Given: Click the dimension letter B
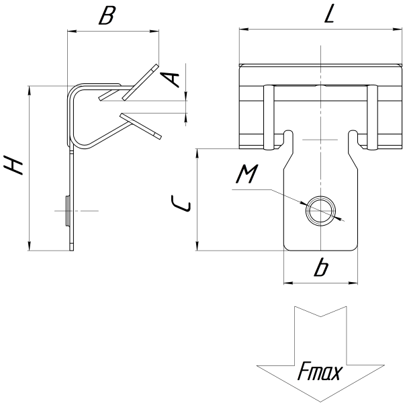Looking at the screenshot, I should click(107, 15).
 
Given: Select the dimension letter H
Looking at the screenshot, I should click(13, 165).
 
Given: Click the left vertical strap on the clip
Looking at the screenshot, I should click(269, 117).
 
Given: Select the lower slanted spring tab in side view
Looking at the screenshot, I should click(141, 126).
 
